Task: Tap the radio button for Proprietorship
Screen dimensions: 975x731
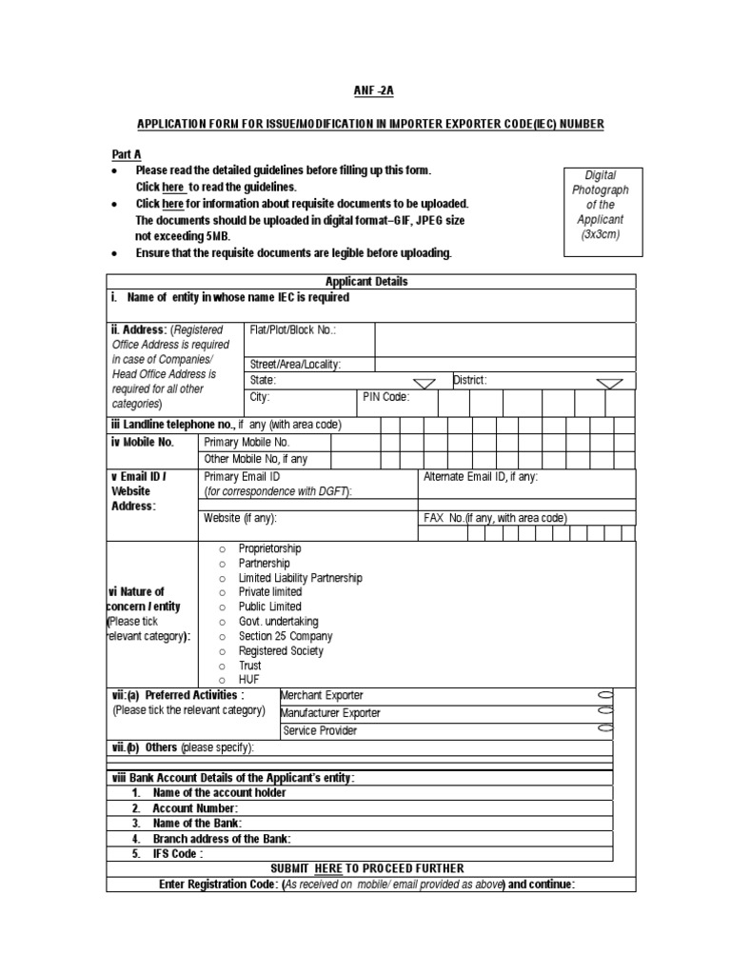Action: pyautogui.click(x=222, y=549)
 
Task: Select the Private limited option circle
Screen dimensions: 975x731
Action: pyautogui.click(x=222, y=592)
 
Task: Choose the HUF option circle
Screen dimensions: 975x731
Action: pyautogui.click(x=222, y=680)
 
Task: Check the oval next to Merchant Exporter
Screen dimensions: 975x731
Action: pyautogui.click(x=605, y=695)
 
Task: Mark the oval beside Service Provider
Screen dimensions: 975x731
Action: pyautogui.click(x=605, y=729)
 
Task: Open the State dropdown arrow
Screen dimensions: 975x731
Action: pyautogui.click(x=425, y=382)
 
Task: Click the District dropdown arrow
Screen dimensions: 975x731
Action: pyautogui.click(x=609, y=382)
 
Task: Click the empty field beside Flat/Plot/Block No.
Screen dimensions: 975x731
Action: pyautogui.click(x=504, y=338)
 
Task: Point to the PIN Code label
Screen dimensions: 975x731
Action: pyautogui.click(x=385, y=398)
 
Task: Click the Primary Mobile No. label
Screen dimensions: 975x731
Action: pyautogui.click(x=247, y=442)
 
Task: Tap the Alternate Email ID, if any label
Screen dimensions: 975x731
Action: pyautogui.click(x=481, y=477)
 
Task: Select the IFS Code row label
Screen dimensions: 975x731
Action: pyautogui.click(x=177, y=854)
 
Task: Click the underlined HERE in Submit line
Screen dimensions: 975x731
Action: pyautogui.click(x=328, y=868)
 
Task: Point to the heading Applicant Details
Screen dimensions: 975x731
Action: pyautogui.click(x=366, y=282)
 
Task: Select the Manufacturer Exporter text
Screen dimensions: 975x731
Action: pyautogui.click(x=330, y=713)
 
